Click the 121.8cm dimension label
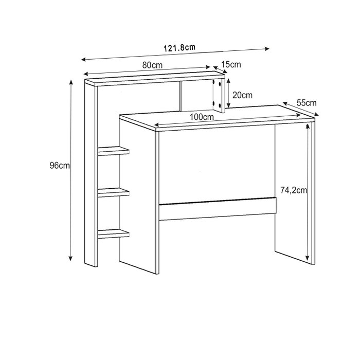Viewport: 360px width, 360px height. [179, 47]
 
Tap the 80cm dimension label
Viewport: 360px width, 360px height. [152, 65]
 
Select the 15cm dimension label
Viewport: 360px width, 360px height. [231, 64]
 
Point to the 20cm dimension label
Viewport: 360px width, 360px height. [242, 95]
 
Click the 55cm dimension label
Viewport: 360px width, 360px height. [307, 103]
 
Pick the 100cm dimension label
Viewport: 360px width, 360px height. [202, 117]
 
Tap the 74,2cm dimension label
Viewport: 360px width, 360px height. [294, 190]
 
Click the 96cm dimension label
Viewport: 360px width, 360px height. [60, 165]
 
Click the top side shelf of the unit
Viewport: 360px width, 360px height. [114, 151]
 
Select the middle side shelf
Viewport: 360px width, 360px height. [114, 192]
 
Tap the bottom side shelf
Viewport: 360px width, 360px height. [114, 233]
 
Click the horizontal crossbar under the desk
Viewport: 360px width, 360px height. [218, 208]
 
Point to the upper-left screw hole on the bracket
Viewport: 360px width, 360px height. [214, 82]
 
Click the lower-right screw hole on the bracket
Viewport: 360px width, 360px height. [220, 105]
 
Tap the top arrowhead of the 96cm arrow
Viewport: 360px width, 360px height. [71, 82]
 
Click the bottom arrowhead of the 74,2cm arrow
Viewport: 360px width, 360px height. [308, 258]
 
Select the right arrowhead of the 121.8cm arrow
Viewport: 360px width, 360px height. [267, 49]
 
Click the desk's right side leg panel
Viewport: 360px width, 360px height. [295, 192]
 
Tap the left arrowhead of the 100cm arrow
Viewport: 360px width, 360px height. [157, 125]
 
